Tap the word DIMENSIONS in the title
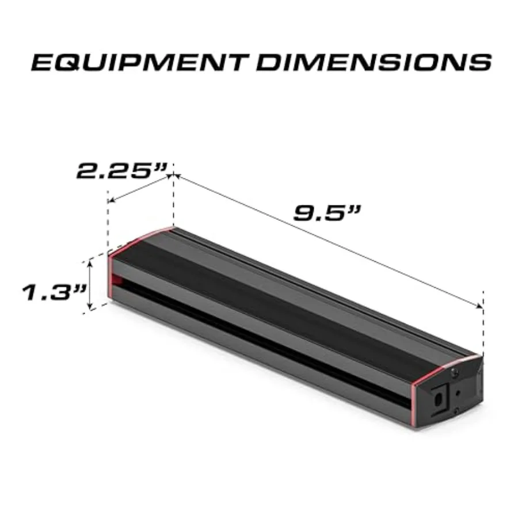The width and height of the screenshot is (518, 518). click(374, 62)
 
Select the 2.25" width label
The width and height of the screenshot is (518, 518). click(121, 172)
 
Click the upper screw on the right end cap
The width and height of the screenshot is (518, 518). click(455, 375)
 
